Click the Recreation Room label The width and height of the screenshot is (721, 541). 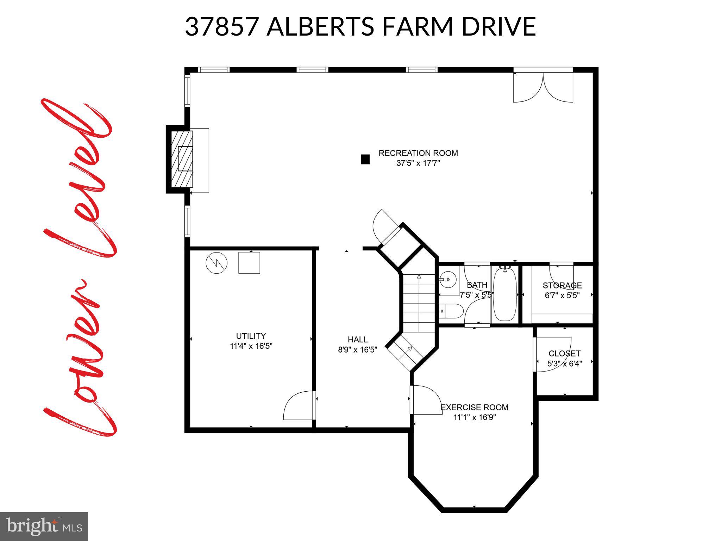pyautogui.click(x=418, y=153)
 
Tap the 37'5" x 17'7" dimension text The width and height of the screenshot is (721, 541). pyautogui.click(x=418, y=163)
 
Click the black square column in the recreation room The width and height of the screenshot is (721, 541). pyautogui.click(x=365, y=160)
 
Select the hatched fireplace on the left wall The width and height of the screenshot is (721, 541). pyautogui.click(x=182, y=159)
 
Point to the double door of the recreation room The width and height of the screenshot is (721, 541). pyautogui.click(x=543, y=88)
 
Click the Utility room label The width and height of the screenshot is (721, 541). pyautogui.click(x=251, y=336)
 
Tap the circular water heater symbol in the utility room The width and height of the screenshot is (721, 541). pyautogui.click(x=217, y=263)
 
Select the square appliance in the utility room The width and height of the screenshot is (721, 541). pyautogui.click(x=249, y=263)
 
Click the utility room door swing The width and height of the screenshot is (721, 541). pyautogui.click(x=298, y=406)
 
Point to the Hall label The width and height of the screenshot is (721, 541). pyautogui.click(x=357, y=340)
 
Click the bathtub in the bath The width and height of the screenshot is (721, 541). pyautogui.click(x=504, y=294)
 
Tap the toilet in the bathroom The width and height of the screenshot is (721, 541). pyautogui.click(x=451, y=311)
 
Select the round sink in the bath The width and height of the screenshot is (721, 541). pyautogui.click(x=448, y=280)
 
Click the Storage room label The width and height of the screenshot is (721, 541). pyautogui.click(x=562, y=286)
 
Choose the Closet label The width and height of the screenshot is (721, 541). pyautogui.click(x=564, y=354)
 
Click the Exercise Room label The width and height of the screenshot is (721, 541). pyautogui.click(x=474, y=408)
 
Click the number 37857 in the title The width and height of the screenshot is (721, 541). pyautogui.click(x=222, y=27)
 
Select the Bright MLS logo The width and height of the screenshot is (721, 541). pyautogui.click(x=44, y=526)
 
